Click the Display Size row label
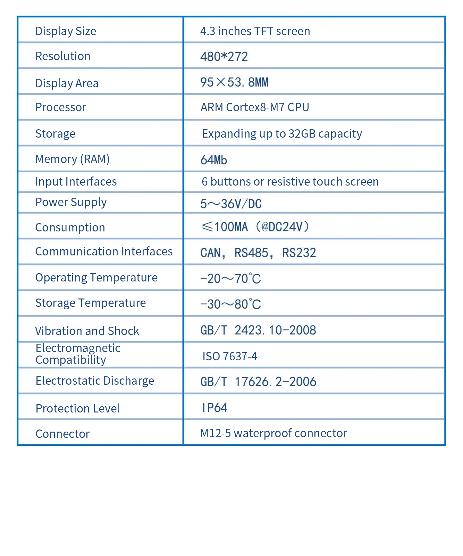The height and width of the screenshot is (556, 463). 66,31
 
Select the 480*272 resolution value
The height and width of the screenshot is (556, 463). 224,57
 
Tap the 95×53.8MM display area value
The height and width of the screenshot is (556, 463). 234,82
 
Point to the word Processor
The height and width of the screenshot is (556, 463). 61,107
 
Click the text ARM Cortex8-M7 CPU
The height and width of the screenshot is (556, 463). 255,107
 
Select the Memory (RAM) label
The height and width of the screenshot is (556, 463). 72,159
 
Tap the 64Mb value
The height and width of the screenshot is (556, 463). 214,160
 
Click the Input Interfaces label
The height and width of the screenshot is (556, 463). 76,182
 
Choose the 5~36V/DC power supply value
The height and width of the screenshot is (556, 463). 231,204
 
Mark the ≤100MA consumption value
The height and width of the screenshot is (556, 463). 225,227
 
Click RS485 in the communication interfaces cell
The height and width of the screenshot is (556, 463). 251,253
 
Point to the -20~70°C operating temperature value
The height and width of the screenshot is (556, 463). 230,279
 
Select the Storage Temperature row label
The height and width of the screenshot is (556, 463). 91,303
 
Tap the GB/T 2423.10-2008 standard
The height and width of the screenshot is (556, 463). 258,330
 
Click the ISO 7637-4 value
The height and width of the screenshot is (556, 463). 230,357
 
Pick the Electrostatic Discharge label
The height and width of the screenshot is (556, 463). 95,381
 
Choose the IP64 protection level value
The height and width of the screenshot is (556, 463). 214,408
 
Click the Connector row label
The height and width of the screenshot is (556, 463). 62,434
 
